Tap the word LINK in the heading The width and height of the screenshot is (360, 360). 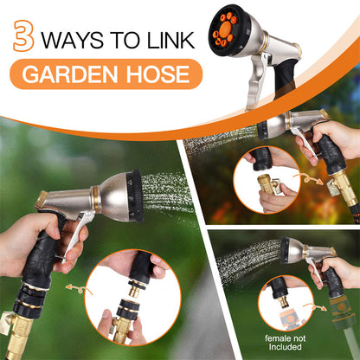[177, 40]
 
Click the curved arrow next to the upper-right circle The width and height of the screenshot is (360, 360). [307, 178]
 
